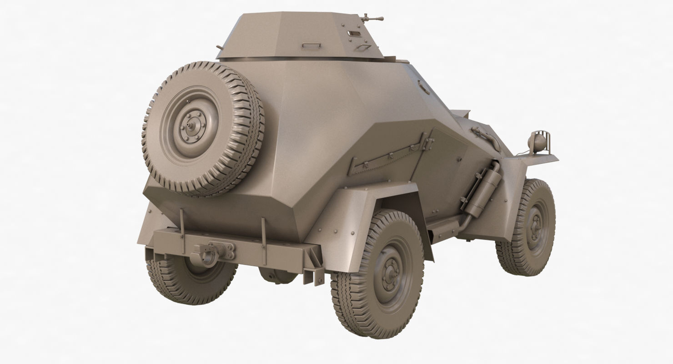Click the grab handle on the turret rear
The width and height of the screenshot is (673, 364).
(x=311, y=45)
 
